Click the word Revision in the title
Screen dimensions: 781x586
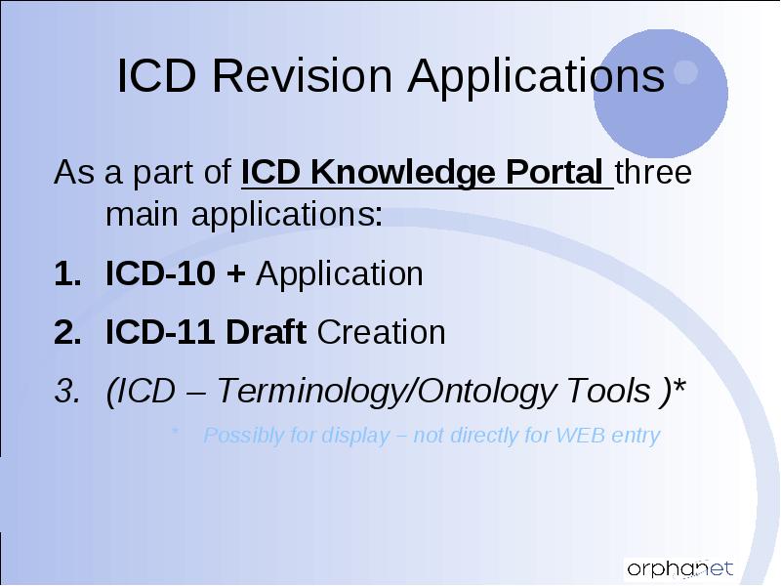tap(303, 76)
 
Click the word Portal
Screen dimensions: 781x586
tap(554, 172)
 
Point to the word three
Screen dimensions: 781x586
tap(653, 172)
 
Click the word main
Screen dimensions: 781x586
tap(142, 214)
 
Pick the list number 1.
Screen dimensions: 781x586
tap(67, 274)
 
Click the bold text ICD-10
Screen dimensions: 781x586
tap(160, 273)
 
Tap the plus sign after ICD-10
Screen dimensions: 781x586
tap(235, 274)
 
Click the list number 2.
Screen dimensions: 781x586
tap(67, 332)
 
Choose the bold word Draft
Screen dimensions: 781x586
tap(266, 331)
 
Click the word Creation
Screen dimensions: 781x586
tap(381, 332)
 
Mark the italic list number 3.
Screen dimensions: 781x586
tap(67, 391)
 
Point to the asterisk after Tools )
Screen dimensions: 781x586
tap(678, 386)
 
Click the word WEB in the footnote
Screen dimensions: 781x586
tap(580, 435)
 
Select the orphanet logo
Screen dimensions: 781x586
tap(679, 568)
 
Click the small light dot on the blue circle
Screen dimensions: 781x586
tap(686, 71)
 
